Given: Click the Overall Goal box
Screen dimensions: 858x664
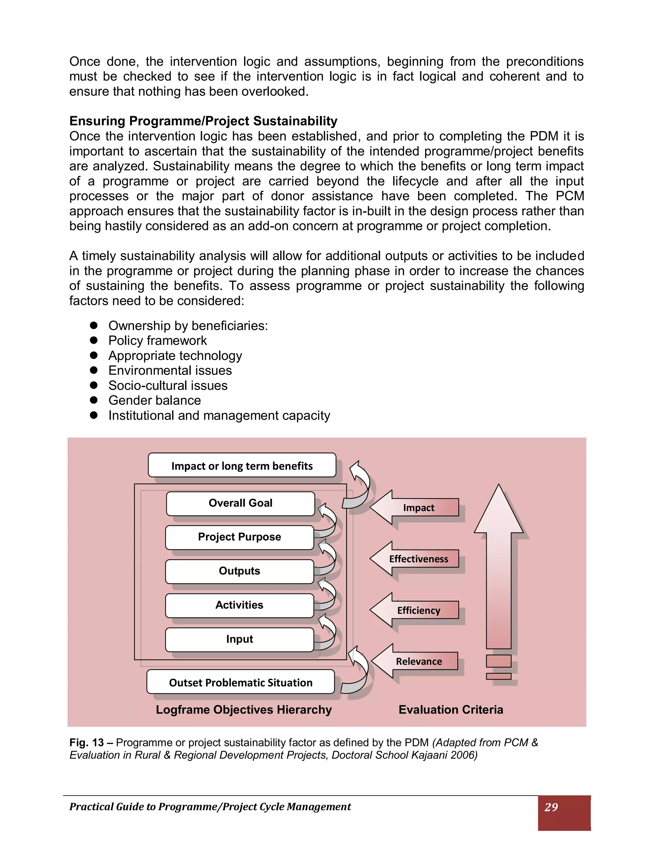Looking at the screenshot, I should point(240,503).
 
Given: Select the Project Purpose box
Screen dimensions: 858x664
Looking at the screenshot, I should point(240,537).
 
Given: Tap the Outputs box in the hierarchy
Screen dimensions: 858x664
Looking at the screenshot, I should point(240,571).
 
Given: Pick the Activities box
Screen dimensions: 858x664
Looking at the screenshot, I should point(240,605).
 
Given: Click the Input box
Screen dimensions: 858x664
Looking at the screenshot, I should point(240,639).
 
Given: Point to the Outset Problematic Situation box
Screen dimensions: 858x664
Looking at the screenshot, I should point(240,683).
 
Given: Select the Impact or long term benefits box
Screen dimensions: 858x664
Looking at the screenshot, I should point(242,466).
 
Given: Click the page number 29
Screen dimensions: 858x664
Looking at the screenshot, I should point(551,807).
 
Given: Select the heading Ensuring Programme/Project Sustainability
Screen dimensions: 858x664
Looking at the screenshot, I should point(203,121).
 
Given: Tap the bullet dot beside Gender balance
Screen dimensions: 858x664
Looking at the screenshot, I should point(94,400).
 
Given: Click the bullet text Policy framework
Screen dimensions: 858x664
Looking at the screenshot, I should point(157,341).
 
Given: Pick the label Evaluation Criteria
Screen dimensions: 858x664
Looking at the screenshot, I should point(451,709).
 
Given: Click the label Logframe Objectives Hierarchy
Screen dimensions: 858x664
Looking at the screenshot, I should point(244,709).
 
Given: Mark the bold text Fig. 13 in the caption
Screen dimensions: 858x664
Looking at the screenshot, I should point(87,742).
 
